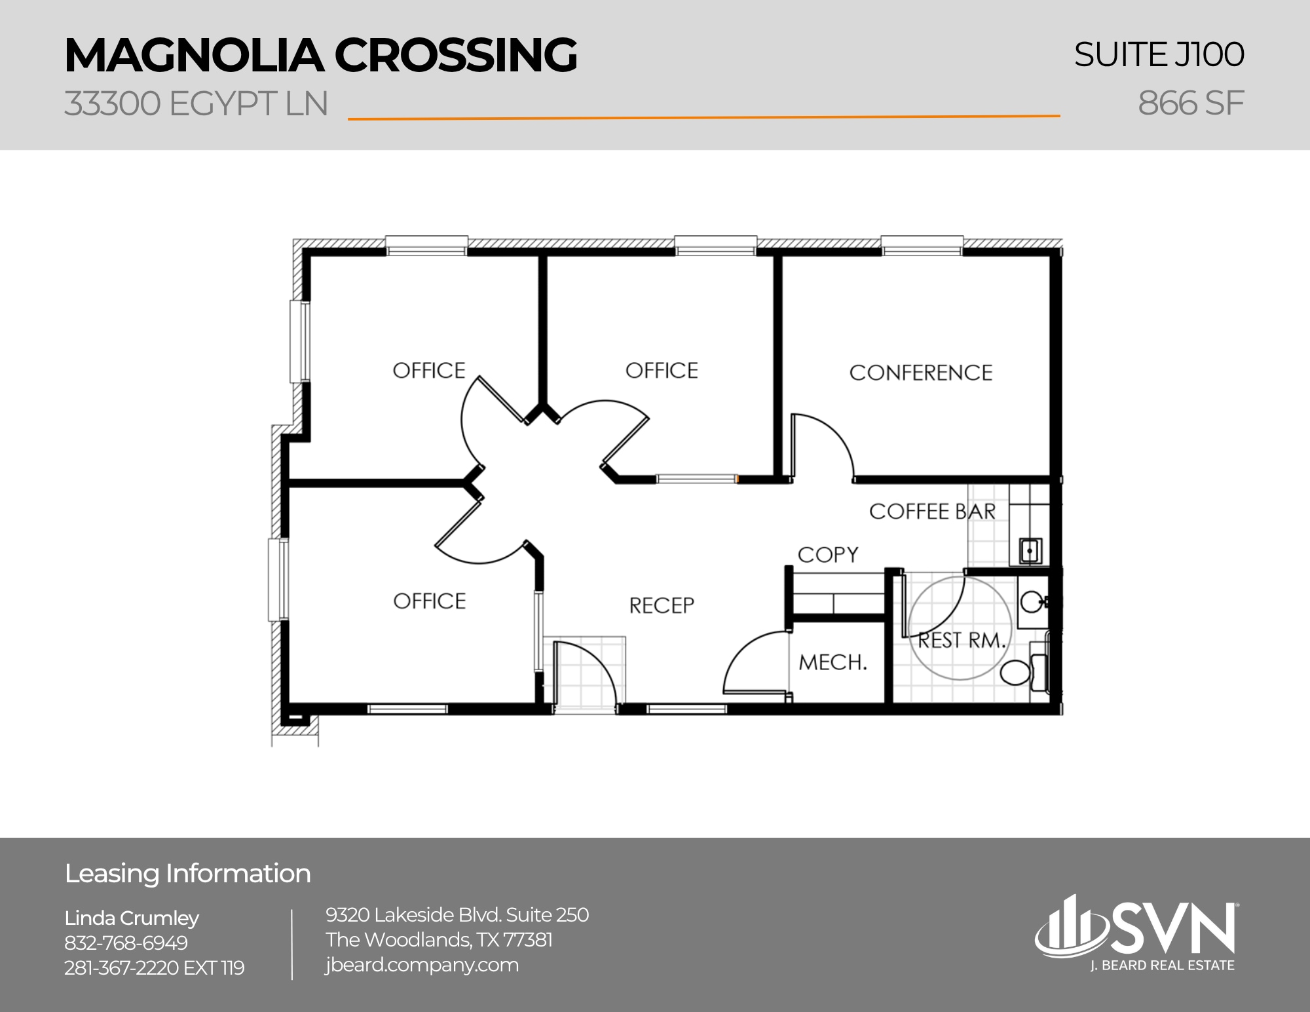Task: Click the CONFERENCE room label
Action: tap(920, 373)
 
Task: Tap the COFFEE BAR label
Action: tap(931, 512)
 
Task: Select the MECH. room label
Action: tap(833, 662)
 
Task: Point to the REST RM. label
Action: tap(961, 640)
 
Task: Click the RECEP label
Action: tap(662, 605)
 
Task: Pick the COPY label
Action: tap(828, 555)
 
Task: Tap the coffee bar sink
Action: tap(1030, 550)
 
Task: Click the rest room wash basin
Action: tap(1033, 601)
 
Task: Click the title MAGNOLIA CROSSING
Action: tap(320, 55)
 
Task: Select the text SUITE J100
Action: tap(1159, 54)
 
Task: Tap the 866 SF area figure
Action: tap(1190, 103)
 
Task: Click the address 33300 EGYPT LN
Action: tap(196, 103)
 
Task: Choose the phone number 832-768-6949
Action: tap(126, 943)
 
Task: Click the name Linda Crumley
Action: tap(132, 918)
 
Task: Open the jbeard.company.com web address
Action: tap(422, 965)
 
